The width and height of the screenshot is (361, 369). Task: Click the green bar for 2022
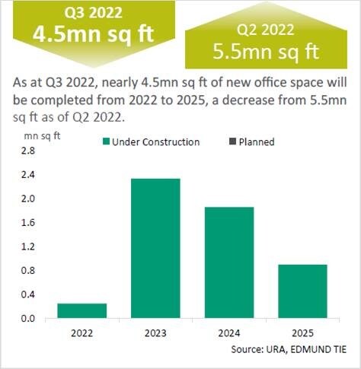tap(82, 310)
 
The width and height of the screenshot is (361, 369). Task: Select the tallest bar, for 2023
tap(155, 248)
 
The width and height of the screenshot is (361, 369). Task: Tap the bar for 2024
tap(229, 262)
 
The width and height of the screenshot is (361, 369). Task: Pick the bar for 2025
tap(302, 291)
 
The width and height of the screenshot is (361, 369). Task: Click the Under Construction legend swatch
tap(106, 142)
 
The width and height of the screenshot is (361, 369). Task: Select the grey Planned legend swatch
tap(232, 142)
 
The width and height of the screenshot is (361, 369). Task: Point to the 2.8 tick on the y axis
tap(28, 151)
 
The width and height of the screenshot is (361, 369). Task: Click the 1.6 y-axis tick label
tap(28, 223)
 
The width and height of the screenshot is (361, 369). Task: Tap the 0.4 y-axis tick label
tap(28, 294)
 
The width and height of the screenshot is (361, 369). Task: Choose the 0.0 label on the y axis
tap(28, 319)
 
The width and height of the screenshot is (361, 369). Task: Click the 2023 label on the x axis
tap(155, 333)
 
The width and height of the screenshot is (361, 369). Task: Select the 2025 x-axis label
tap(302, 333)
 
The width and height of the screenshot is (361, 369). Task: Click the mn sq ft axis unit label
tap(42, 136)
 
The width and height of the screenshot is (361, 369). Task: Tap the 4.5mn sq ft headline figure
tap(94, 34)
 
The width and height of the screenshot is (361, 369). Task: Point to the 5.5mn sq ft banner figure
tap(266, 52)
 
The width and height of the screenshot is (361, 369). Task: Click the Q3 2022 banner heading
tap(93, 12)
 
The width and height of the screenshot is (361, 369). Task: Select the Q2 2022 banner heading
tap(266, 29)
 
